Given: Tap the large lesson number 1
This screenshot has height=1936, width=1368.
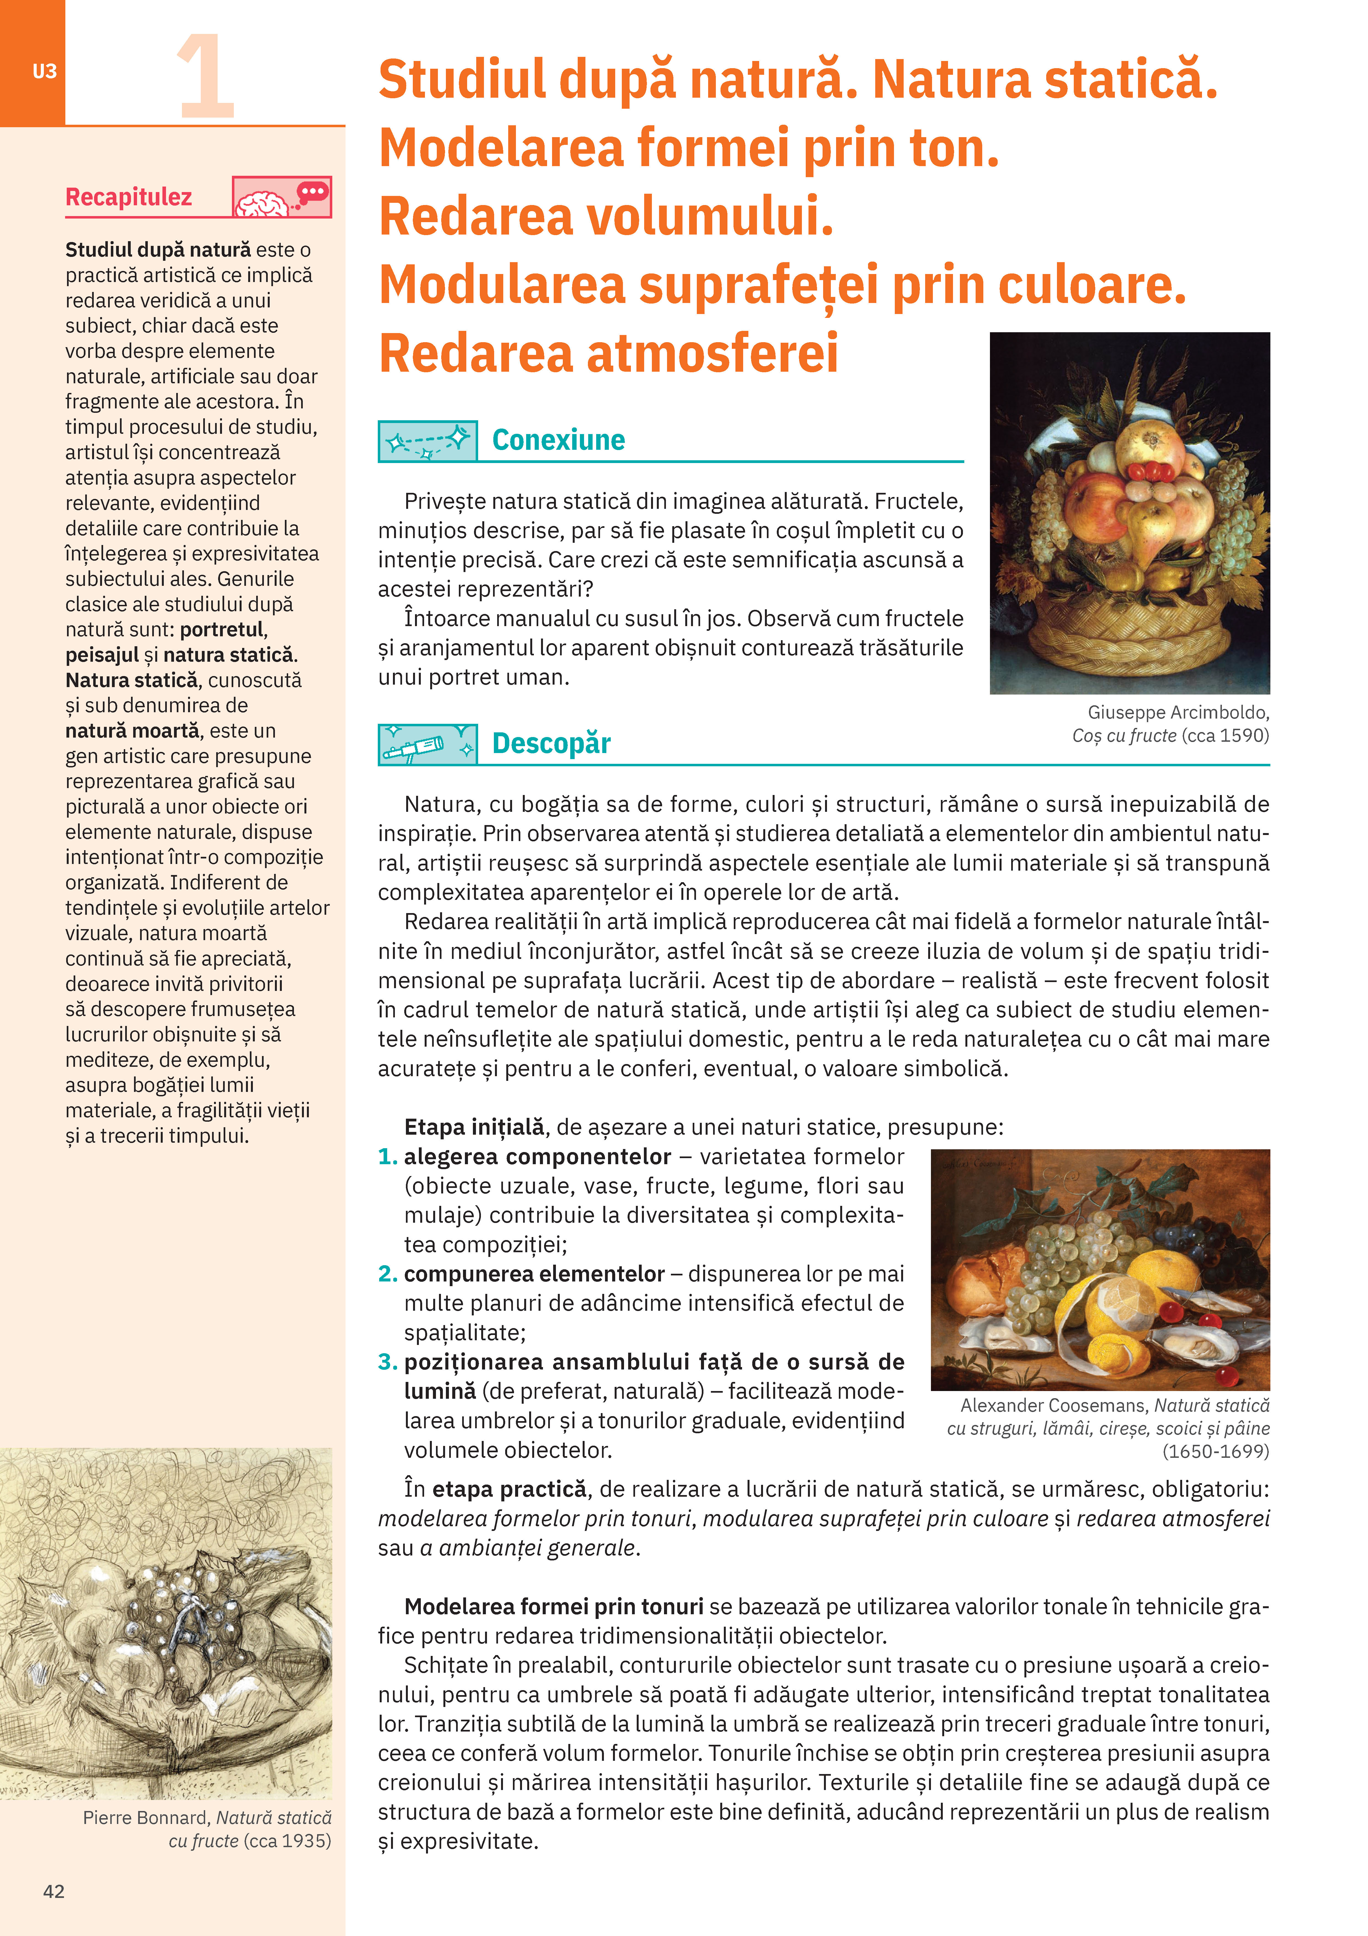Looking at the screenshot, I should pos(205,78).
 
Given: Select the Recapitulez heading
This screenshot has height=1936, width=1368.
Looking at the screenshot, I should pos(129,197).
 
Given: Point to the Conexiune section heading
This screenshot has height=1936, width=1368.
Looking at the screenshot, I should pos(558,440).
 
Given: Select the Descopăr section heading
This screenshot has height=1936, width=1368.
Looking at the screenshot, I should pos(551,744).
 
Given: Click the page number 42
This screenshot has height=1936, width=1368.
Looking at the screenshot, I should pos(54,1891).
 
